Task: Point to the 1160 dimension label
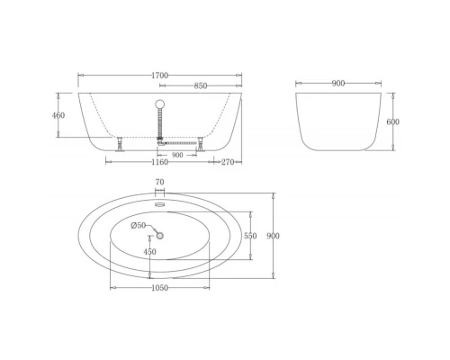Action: coord(159,162)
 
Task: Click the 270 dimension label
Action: coord(229,162)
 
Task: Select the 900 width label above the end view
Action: coord(338,84)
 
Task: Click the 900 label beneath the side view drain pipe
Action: coord(177,154)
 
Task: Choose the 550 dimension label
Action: coord(250,236)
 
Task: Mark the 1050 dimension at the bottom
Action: coord(159,287)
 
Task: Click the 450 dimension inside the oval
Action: coord(150,252)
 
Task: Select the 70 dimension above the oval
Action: coord(159,183)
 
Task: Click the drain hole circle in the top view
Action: coord(159,236)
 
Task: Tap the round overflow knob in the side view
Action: coord(160,103)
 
